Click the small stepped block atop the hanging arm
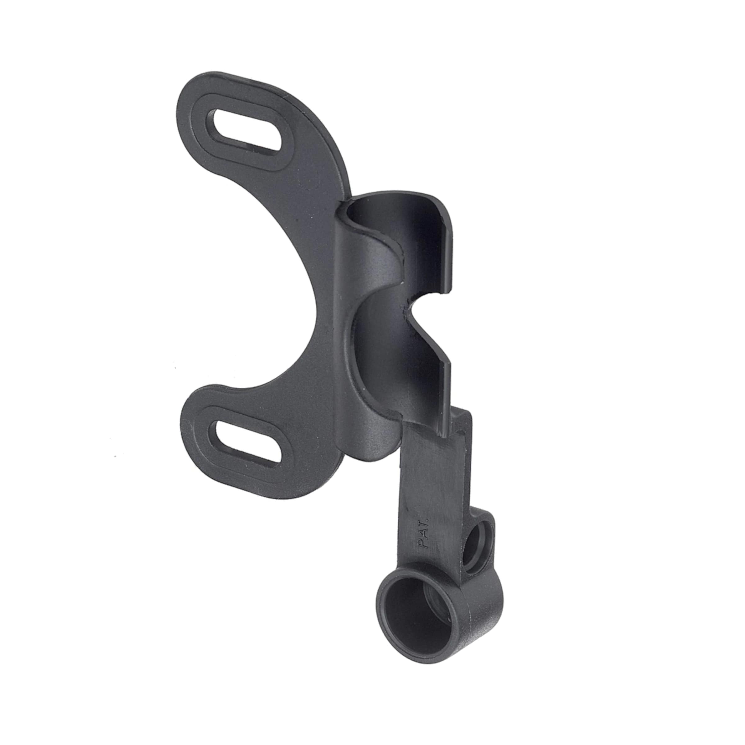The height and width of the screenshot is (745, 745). (x=463, y=420)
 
